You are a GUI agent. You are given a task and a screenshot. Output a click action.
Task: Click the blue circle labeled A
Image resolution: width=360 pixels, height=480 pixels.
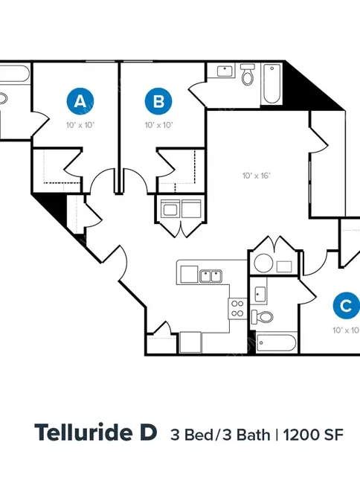(80, 101)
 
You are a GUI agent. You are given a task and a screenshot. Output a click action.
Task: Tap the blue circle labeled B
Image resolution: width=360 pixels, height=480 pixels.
(158, 101)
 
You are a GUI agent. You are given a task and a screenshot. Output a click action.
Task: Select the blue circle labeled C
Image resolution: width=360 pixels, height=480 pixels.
(347, 306)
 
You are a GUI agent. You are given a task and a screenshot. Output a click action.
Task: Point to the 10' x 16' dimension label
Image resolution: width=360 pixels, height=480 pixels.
(257, 176)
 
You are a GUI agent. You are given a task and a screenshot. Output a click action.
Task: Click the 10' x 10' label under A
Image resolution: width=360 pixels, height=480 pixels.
(80, 125)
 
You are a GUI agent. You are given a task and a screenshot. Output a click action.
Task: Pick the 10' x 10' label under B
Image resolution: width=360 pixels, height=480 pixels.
(158, 125)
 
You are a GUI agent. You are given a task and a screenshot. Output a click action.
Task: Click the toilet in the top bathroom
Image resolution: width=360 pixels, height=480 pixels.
(248, 74)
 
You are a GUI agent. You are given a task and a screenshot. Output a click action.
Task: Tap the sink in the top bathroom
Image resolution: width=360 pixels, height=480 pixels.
(225, 71)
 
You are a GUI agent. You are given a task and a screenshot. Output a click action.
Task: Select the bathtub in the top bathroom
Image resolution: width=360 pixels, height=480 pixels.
(271, 83)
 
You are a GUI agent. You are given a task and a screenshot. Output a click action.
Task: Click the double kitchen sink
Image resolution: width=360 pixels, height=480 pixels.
(210, 276)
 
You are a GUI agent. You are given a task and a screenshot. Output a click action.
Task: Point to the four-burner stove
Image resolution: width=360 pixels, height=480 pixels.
(237, 309)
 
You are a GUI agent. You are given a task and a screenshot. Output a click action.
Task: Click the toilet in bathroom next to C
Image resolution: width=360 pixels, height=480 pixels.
(262, 317)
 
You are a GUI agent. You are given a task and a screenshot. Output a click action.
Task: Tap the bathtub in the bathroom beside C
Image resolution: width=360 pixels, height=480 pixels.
(276, 343)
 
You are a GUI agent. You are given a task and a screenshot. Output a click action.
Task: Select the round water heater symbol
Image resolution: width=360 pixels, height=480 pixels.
(263, 263)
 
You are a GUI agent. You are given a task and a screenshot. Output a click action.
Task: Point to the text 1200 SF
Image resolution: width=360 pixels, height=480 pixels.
(313, 435)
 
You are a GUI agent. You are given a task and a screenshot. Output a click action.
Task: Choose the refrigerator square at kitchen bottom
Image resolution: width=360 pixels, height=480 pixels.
(190, 342)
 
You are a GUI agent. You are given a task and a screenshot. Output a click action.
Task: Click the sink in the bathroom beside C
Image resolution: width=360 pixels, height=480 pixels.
(260, 294)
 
